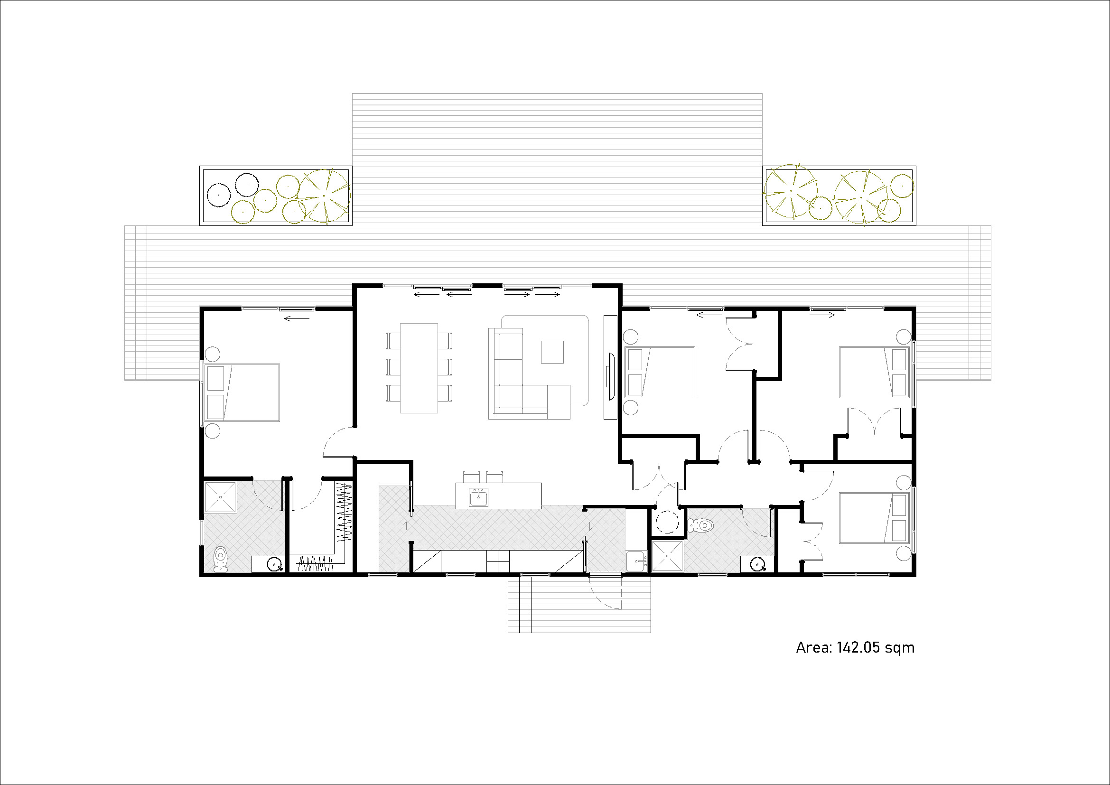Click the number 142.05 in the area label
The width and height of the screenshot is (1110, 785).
click(x=858, y=648)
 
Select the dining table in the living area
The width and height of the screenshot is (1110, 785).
click(x=419, y=368)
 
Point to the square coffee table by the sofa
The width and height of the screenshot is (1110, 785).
click(x=552, y=352)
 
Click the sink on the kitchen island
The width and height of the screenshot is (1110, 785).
click(x=479, y=497)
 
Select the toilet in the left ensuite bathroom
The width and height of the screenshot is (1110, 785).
click(x=221, y=559)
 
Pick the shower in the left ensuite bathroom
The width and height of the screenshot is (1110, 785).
click(x=221, y=497)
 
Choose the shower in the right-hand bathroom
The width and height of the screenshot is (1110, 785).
click(x=668, y=556)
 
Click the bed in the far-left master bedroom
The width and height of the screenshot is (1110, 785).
click(x=242, y=392)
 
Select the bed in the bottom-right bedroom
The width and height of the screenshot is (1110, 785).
click(x=874, y=518)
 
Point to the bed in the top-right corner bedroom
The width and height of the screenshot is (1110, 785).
click(x=874, y=372)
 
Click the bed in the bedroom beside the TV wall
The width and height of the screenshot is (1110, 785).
click(x=660, y=372)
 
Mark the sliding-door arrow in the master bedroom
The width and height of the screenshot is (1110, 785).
click(x=296, y=318)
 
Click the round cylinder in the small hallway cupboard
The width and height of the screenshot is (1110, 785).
click(x=668, y=522)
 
